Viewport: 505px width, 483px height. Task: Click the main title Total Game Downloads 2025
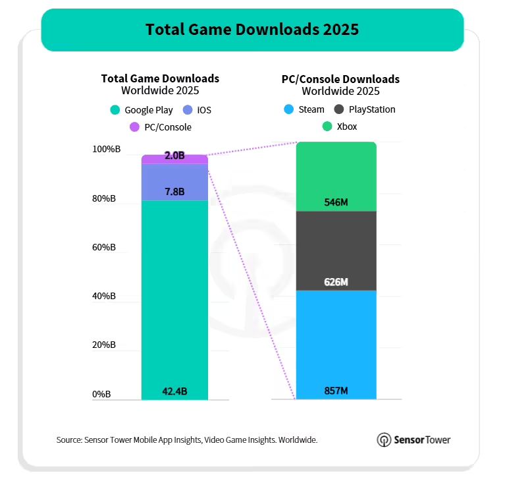pyautogui.click(x=252, y=30)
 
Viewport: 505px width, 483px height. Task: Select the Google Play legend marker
pyautogui.click(x=115, y=110)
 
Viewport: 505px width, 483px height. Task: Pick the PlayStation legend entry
pyautogui.click(x=365, y=109)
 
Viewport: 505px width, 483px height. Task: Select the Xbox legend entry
pyautogui.click(x=340, y=126)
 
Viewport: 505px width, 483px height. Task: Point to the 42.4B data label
pyautogui.click(x=174, y=391)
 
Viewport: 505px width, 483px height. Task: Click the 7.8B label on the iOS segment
pyautogui.click(x=174, y=192)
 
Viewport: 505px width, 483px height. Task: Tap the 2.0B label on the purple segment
pyautogui.click(x=174, y=156)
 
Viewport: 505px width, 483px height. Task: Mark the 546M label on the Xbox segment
pyautogui.click(x=336, y=202)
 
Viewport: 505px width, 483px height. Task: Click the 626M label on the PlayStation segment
pyautogui.click(x=336, y=282)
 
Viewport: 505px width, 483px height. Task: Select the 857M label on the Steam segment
pyautogui.click(x=336, y=391)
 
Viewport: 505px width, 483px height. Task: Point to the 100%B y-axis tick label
pyautogui.click(x=103, y=150)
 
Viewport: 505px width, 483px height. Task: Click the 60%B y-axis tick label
pyautogui.click(x=103, y=247)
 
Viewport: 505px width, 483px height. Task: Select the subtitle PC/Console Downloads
pyautogui.click(x=340, y=79)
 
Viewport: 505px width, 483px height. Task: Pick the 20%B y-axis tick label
pyautogui.click(x=103, y=345)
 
